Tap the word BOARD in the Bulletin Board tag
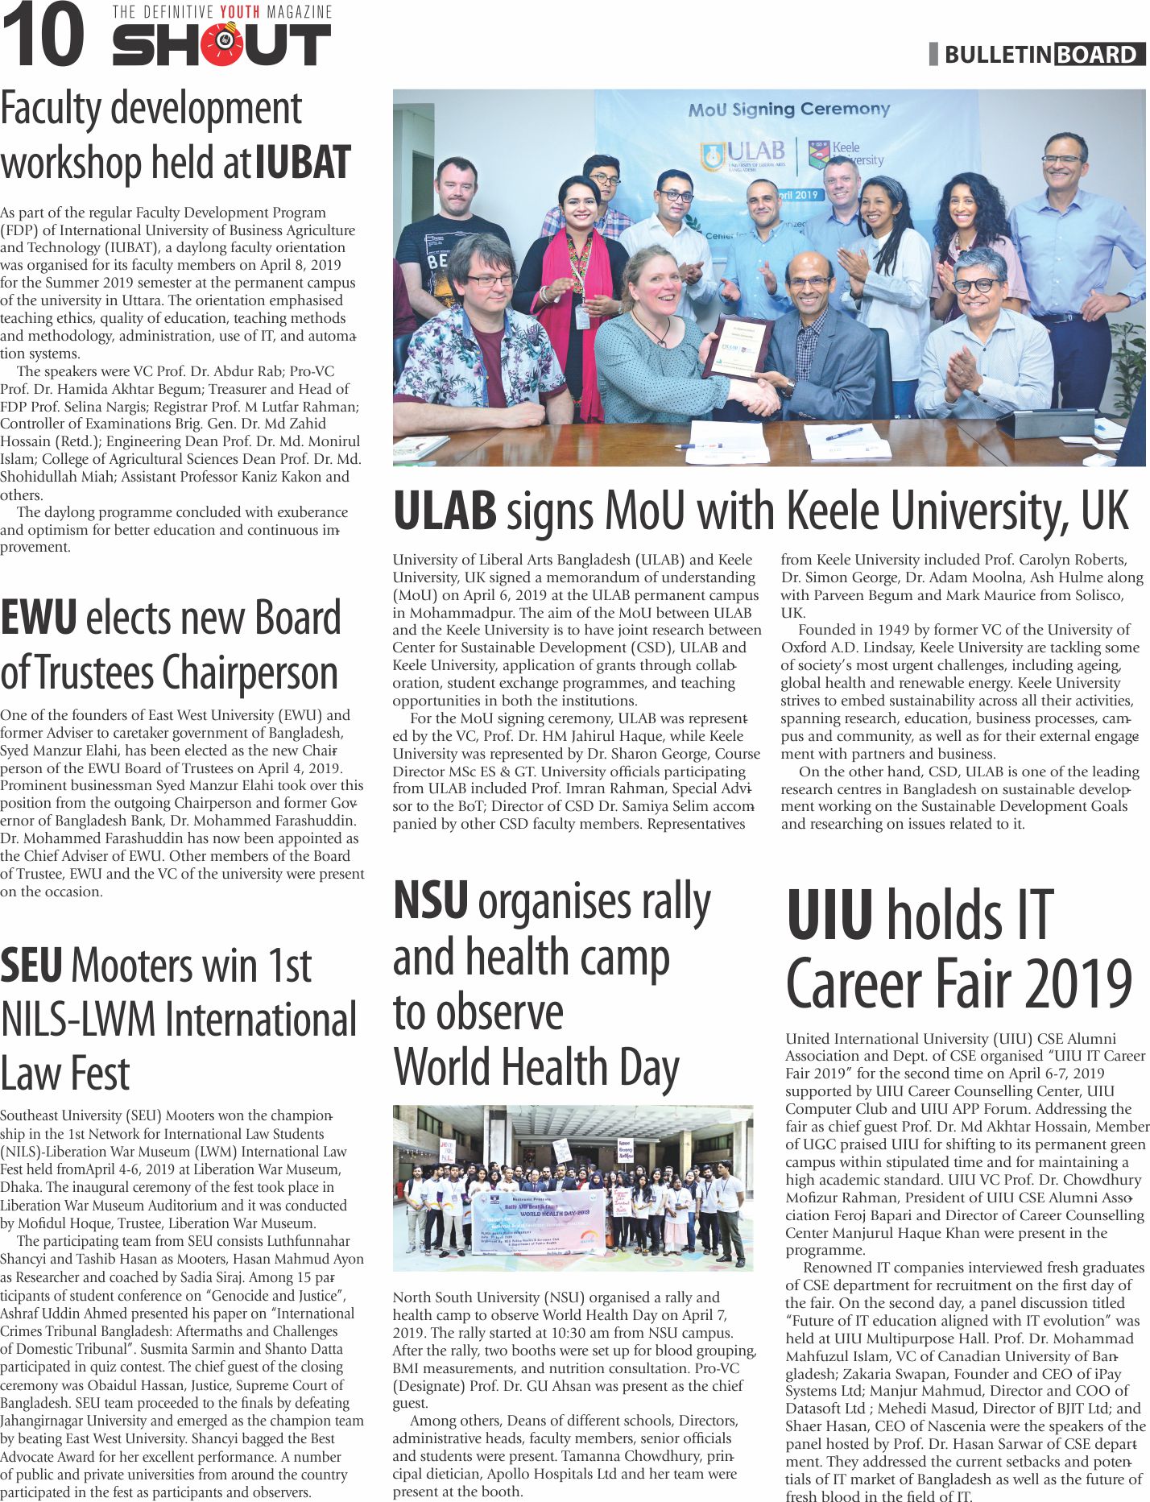(1098, 55)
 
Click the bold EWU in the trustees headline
(39, 619)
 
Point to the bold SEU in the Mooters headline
(31, 966)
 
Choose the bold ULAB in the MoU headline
(445, 511)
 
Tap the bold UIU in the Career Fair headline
(829, 916)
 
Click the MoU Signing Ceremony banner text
(788, 110)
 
